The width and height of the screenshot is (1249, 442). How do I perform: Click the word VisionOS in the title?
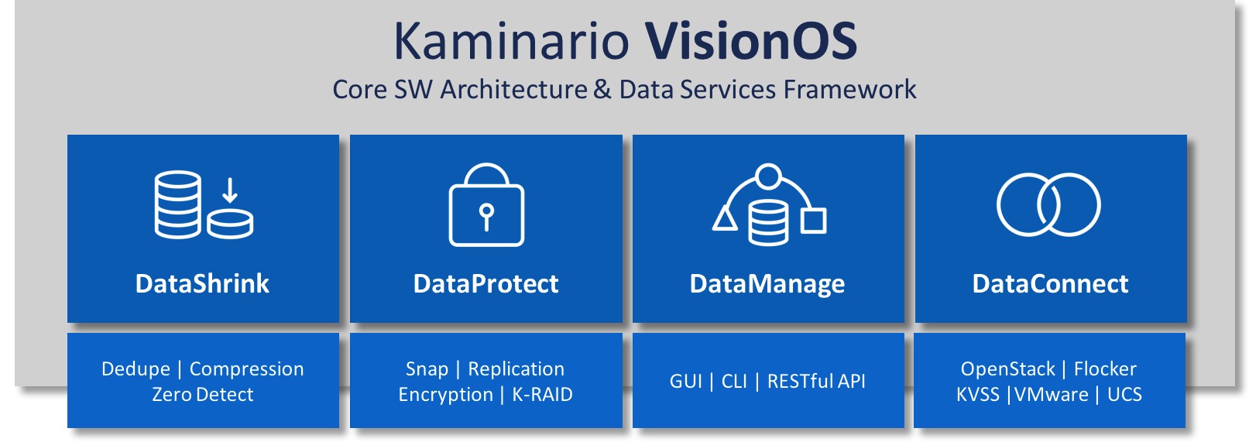coord(751,41)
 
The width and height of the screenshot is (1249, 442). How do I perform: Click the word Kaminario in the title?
coord(511,41)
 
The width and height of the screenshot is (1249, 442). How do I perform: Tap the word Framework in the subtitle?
coord(849,89)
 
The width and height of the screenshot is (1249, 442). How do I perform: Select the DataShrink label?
coord(202,284)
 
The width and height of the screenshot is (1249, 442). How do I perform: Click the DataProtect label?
coord(486,284)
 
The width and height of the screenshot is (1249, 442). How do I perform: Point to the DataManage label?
coord(767,284)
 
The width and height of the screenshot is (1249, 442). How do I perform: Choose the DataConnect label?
coord(1051,284)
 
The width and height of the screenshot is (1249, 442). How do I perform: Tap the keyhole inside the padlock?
coord(486,217)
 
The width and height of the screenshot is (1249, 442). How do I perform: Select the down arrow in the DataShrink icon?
coord(230,190)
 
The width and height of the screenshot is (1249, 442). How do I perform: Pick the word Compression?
coord(246,369)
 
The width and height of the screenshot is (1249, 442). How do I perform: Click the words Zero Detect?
coord(202,395)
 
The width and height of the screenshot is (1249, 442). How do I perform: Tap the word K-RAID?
coord(542,395)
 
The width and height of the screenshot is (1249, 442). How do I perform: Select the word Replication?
coord(516,369)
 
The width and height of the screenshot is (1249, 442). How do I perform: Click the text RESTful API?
coord(816,382)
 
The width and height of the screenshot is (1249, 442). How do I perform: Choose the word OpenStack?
coord(1007,369)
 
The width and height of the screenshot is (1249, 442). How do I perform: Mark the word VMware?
coord(1052,395)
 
